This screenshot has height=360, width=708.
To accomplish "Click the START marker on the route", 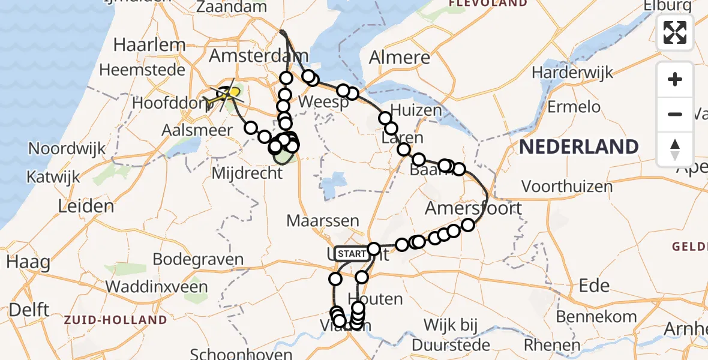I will (350, 254).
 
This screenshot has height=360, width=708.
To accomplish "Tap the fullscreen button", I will (675, 32).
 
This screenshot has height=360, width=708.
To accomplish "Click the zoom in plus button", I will (675, 79).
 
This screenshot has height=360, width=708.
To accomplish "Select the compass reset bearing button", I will (675, 149).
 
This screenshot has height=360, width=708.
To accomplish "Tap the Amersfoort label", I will (474, 209).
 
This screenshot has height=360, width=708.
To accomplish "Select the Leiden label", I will (86, 206).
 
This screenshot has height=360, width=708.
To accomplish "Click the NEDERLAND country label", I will (578, 147).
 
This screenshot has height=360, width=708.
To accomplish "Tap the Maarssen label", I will (323, 221).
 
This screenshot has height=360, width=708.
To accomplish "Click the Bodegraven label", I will (198, 260).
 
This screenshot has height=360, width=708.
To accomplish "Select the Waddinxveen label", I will (157, 287).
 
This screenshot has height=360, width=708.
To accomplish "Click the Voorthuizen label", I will (567, 187).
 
